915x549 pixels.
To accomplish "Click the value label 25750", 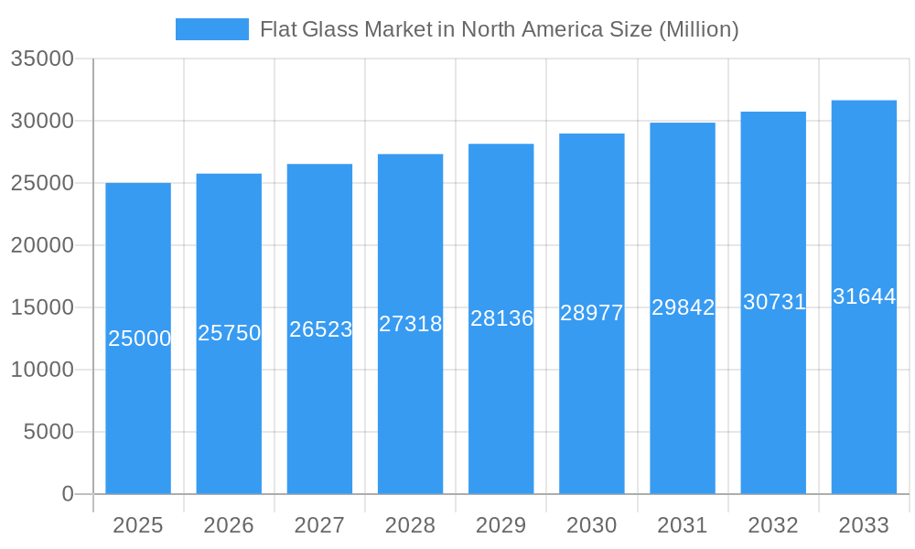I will pos(230,333).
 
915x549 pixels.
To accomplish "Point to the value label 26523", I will pos(320,329).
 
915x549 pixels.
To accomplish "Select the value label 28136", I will pos(501,318).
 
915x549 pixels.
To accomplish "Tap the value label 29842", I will pos(683,307).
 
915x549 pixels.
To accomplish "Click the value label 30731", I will pos(774,302).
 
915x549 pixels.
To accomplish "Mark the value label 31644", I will pos(864,296).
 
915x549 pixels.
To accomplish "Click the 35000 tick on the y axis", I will pos(42,59).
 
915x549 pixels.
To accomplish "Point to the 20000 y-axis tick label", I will pos(42,245).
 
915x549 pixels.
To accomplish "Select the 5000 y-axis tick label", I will pos(48,432).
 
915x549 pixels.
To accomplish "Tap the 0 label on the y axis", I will pos(68,494).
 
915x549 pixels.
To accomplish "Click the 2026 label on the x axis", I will pos(229,525).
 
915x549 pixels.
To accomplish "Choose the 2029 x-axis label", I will pos(501,525).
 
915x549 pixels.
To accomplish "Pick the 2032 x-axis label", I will pos(773,525).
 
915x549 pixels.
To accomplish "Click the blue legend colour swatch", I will pos(212,29).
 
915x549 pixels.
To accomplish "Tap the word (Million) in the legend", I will pos(698,29).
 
